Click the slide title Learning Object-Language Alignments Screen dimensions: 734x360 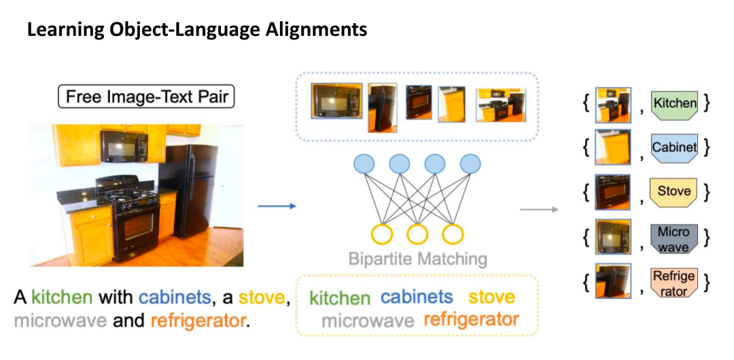click(x=197, y=30)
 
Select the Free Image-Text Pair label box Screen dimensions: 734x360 click(x=146, y=97)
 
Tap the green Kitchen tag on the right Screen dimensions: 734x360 click(x=674, y=104)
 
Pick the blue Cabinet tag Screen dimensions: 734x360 click(x=674, y=147)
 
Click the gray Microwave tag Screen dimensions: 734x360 click(x=674, y=240)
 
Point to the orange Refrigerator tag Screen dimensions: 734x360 click(x=674, y=283)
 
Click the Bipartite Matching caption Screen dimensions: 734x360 click(x=417, y=259)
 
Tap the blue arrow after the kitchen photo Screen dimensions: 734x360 click(x=277, y=206)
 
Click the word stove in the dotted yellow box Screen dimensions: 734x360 click(x=492, y=297)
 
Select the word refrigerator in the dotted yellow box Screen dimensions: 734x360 click(x=471, y=319)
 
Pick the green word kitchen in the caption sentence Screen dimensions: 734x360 click(x=62, y=297)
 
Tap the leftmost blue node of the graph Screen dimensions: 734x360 click(x=365, y=164)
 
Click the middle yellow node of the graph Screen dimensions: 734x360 click(x=417, y=234)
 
